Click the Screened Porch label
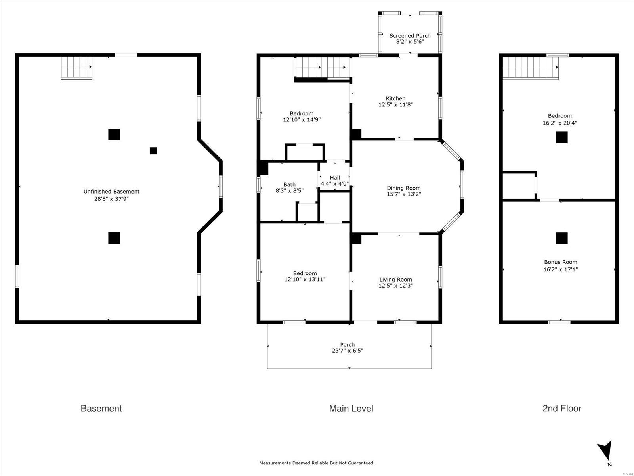tap(410, 36)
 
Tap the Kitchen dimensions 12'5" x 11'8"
tap(396, 104)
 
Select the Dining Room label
tap(404, 188)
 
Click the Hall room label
tap(335, 177)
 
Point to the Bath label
tap(289, 184)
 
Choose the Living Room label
tap(396, 280)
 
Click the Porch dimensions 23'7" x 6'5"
tap(348, 351)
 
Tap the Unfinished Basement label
tap(111, 191)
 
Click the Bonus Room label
tap(561, 262)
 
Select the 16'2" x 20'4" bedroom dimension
tap(560, 123)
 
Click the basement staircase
tap(76, 68)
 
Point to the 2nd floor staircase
tap(531, 68)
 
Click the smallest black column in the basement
tap(153, 151)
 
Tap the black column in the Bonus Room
tap(562, 238)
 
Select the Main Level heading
tap(351, 409)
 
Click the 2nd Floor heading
tap(562, 409)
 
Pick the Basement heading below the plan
tap(101, 409)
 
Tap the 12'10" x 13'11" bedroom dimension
tap(305, 280)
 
